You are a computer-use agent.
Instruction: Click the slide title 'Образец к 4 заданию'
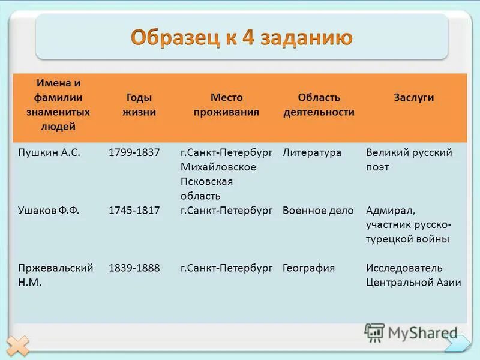241,37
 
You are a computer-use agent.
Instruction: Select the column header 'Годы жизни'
139,104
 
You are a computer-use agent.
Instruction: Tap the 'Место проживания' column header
226,104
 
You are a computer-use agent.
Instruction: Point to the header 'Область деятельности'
319,104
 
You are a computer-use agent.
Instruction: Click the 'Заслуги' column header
414,97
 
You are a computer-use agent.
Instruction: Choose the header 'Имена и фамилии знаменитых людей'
58,104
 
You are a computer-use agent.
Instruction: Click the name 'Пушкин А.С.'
49,152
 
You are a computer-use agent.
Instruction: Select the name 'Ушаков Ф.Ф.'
49,210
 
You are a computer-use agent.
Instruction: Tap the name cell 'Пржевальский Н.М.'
55,275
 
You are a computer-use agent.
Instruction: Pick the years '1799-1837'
134,152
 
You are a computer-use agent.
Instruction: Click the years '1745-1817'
134,210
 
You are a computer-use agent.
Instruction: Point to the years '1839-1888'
134,268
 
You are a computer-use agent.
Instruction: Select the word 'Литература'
312,152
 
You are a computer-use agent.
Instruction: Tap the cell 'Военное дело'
318,210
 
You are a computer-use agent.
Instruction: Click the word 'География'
308,268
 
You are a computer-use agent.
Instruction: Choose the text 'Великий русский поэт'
409,160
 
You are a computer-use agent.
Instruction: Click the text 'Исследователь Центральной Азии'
413,275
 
